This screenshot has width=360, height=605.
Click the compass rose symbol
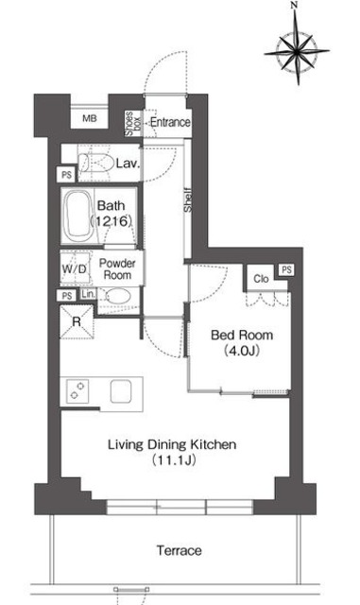297,50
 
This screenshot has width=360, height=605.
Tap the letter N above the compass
295,5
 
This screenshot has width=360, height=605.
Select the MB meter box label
90,118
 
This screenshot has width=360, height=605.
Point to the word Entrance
170,122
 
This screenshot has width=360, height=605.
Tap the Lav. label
128,164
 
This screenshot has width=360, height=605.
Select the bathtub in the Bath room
78,216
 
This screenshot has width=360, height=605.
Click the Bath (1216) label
111,213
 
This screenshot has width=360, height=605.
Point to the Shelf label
187,199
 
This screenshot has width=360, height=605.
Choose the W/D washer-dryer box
75,268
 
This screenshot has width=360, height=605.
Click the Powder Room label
117,269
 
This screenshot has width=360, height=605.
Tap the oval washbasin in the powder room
118,297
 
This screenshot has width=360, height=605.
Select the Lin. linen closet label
88,294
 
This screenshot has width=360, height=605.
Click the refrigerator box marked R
77,321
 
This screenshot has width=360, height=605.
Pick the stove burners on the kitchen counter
77,391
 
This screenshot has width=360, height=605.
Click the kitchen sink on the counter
121,391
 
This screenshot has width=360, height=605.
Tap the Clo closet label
261,279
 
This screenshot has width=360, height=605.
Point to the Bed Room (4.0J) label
242,342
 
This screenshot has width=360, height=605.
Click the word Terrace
179,550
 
